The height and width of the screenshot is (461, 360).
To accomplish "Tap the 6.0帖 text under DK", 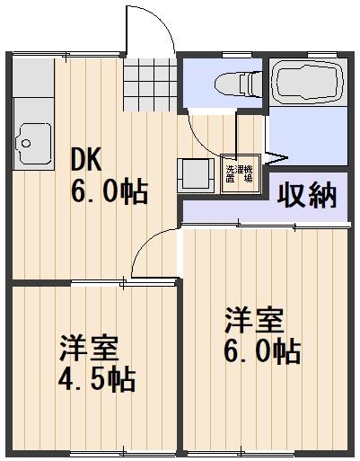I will point(110,191).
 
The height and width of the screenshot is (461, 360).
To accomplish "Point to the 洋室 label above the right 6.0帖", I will point(254,320).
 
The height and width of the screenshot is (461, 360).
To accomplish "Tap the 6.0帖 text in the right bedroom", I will point(261,350).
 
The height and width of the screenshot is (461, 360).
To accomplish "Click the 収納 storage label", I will point(307,195).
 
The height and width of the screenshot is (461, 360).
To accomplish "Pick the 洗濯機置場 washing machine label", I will point(237,174).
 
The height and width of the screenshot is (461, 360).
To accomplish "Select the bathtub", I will point(307,84).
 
